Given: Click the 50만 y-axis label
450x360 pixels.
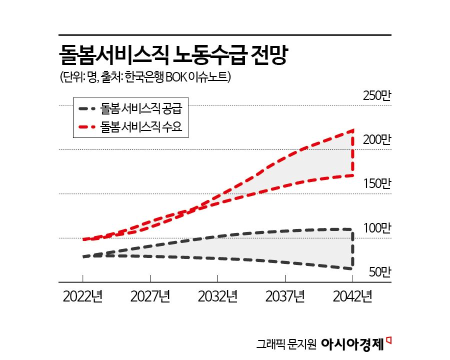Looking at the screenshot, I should (x=378, y=272).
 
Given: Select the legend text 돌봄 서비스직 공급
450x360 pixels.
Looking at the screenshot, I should (x=141, y=108).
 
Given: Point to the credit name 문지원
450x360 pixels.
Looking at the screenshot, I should (x=300, y=344).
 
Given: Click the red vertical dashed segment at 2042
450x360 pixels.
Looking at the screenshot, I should (x=353, y=152).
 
